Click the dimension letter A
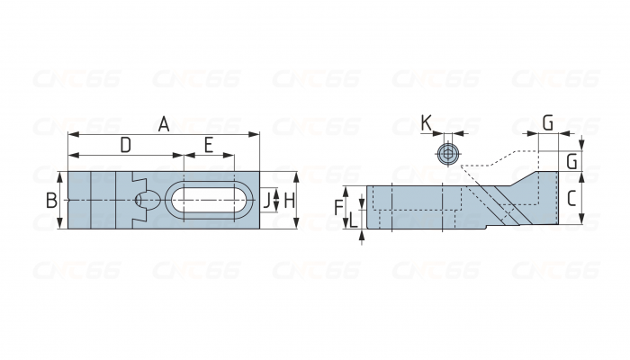(164, 124)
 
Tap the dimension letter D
(126, 145)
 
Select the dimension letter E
(208, 145)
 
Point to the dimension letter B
(51, 201)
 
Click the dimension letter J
(266, 201)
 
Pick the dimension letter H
(289, 201)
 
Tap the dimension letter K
(426, 123)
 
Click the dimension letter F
(339, 207)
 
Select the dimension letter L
(353, 220)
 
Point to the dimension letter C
(571, 199)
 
